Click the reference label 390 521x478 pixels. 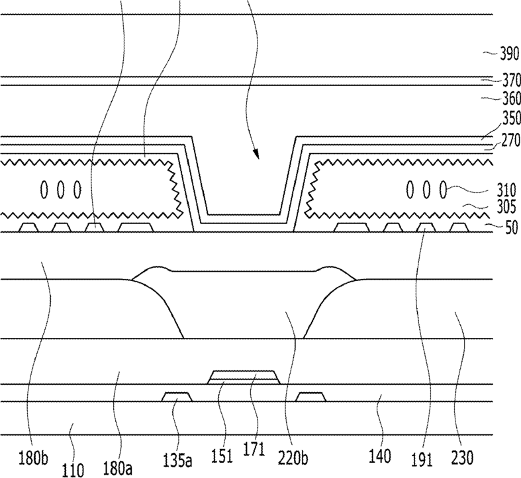coord(510,54)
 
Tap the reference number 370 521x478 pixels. coord(512,80)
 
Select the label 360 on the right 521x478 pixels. coord(512,99)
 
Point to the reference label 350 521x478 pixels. coord(512,118)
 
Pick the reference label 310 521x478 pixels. coord(506,191)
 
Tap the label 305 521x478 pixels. coord(506,208)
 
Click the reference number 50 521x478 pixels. coord(512,228)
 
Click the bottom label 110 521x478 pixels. coord(73,470)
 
